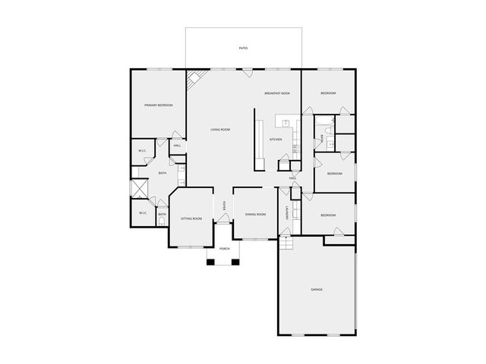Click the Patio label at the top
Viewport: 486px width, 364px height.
point(243,49)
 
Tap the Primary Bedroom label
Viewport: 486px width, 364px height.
point(159,105)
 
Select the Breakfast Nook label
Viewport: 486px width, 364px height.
point(277,93)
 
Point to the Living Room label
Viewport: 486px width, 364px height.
point(220,130)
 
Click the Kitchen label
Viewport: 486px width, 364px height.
point(276,140)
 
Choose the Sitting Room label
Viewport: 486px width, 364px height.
point(191,218)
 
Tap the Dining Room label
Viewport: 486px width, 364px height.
point(255,215)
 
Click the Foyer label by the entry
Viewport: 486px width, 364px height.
point(225,206)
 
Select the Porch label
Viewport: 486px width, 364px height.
point(224,249)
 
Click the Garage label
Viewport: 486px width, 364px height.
point(317,290)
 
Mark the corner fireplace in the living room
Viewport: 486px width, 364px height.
point(194,77)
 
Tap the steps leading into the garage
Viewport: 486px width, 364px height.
point(286,244)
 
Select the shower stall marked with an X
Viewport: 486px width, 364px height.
point(139,188)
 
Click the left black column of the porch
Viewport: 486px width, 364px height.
point(210,262)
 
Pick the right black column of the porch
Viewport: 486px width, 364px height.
point(236,262)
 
